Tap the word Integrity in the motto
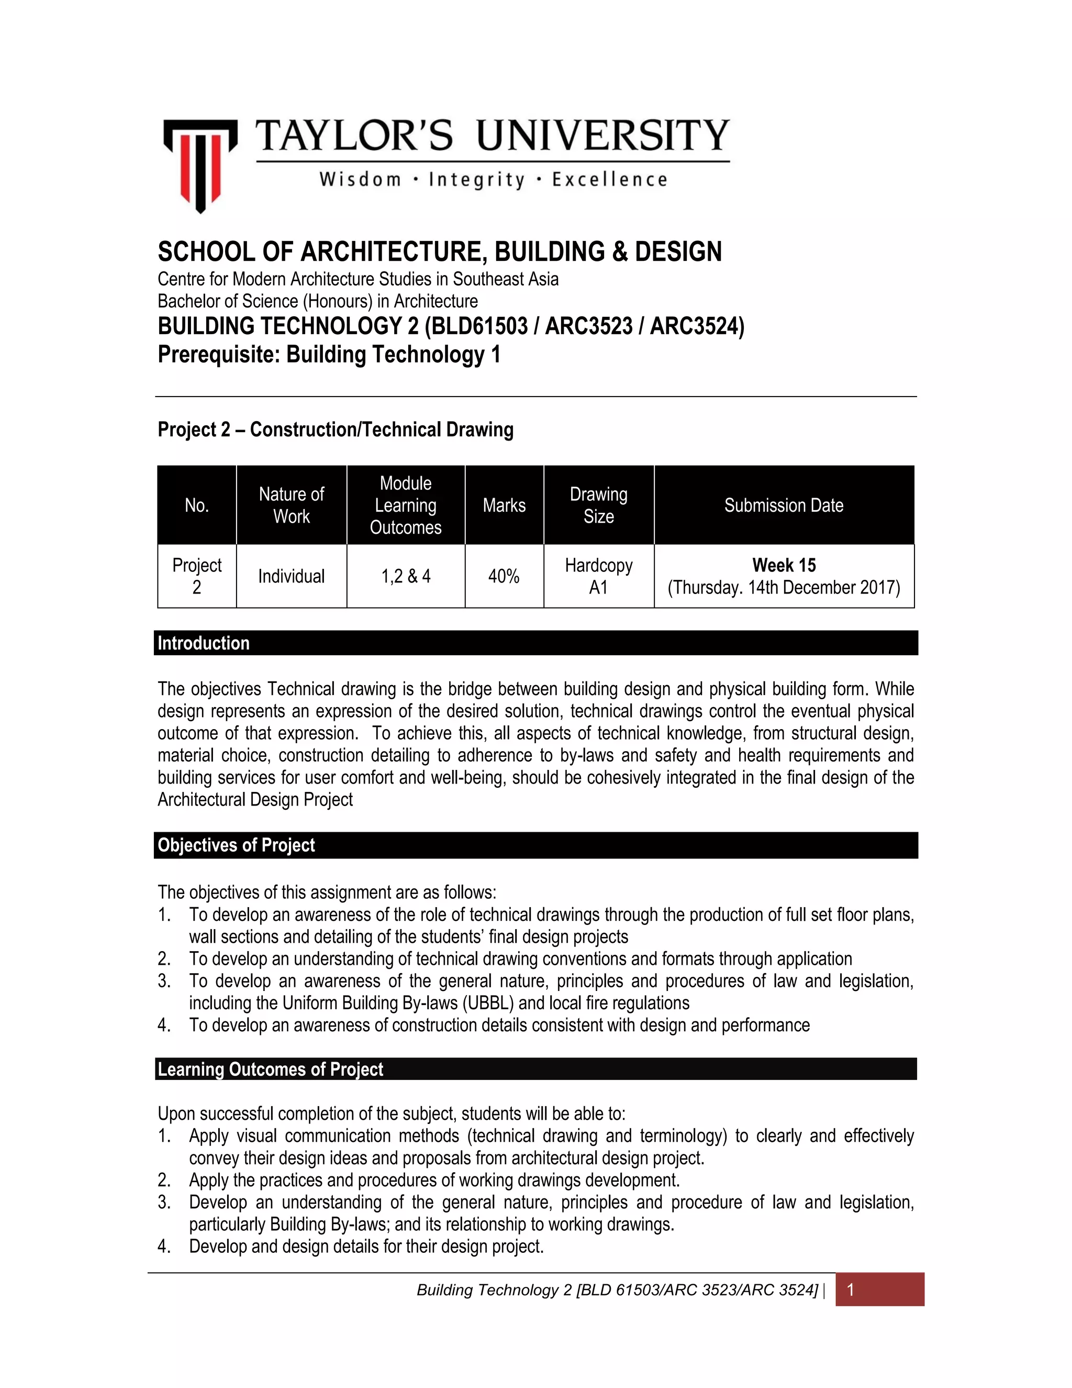point(477,180)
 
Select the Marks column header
point(504,505)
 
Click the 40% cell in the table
point(504,577)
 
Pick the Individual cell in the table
point(291,577)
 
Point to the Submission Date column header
point(783,505)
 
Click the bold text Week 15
point(784,565)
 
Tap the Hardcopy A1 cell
point(598,577)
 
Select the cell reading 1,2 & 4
point(405,577)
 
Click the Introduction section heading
point(203,643)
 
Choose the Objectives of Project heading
point(236,845)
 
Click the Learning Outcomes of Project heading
point(270,1070)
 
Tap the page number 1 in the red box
point(851,1290)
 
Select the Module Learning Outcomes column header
point(405,505)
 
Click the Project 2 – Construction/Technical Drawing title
point(336,429)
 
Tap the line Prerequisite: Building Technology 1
point(329,355)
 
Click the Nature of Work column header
point(291,505)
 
